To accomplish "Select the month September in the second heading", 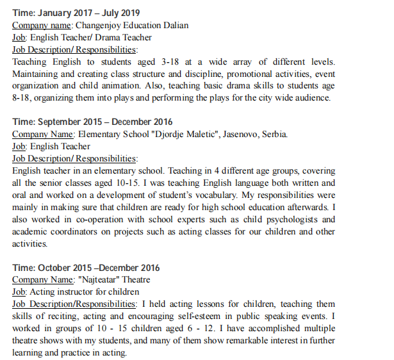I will tap(63, 122).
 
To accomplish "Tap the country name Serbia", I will tap(276, 135).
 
